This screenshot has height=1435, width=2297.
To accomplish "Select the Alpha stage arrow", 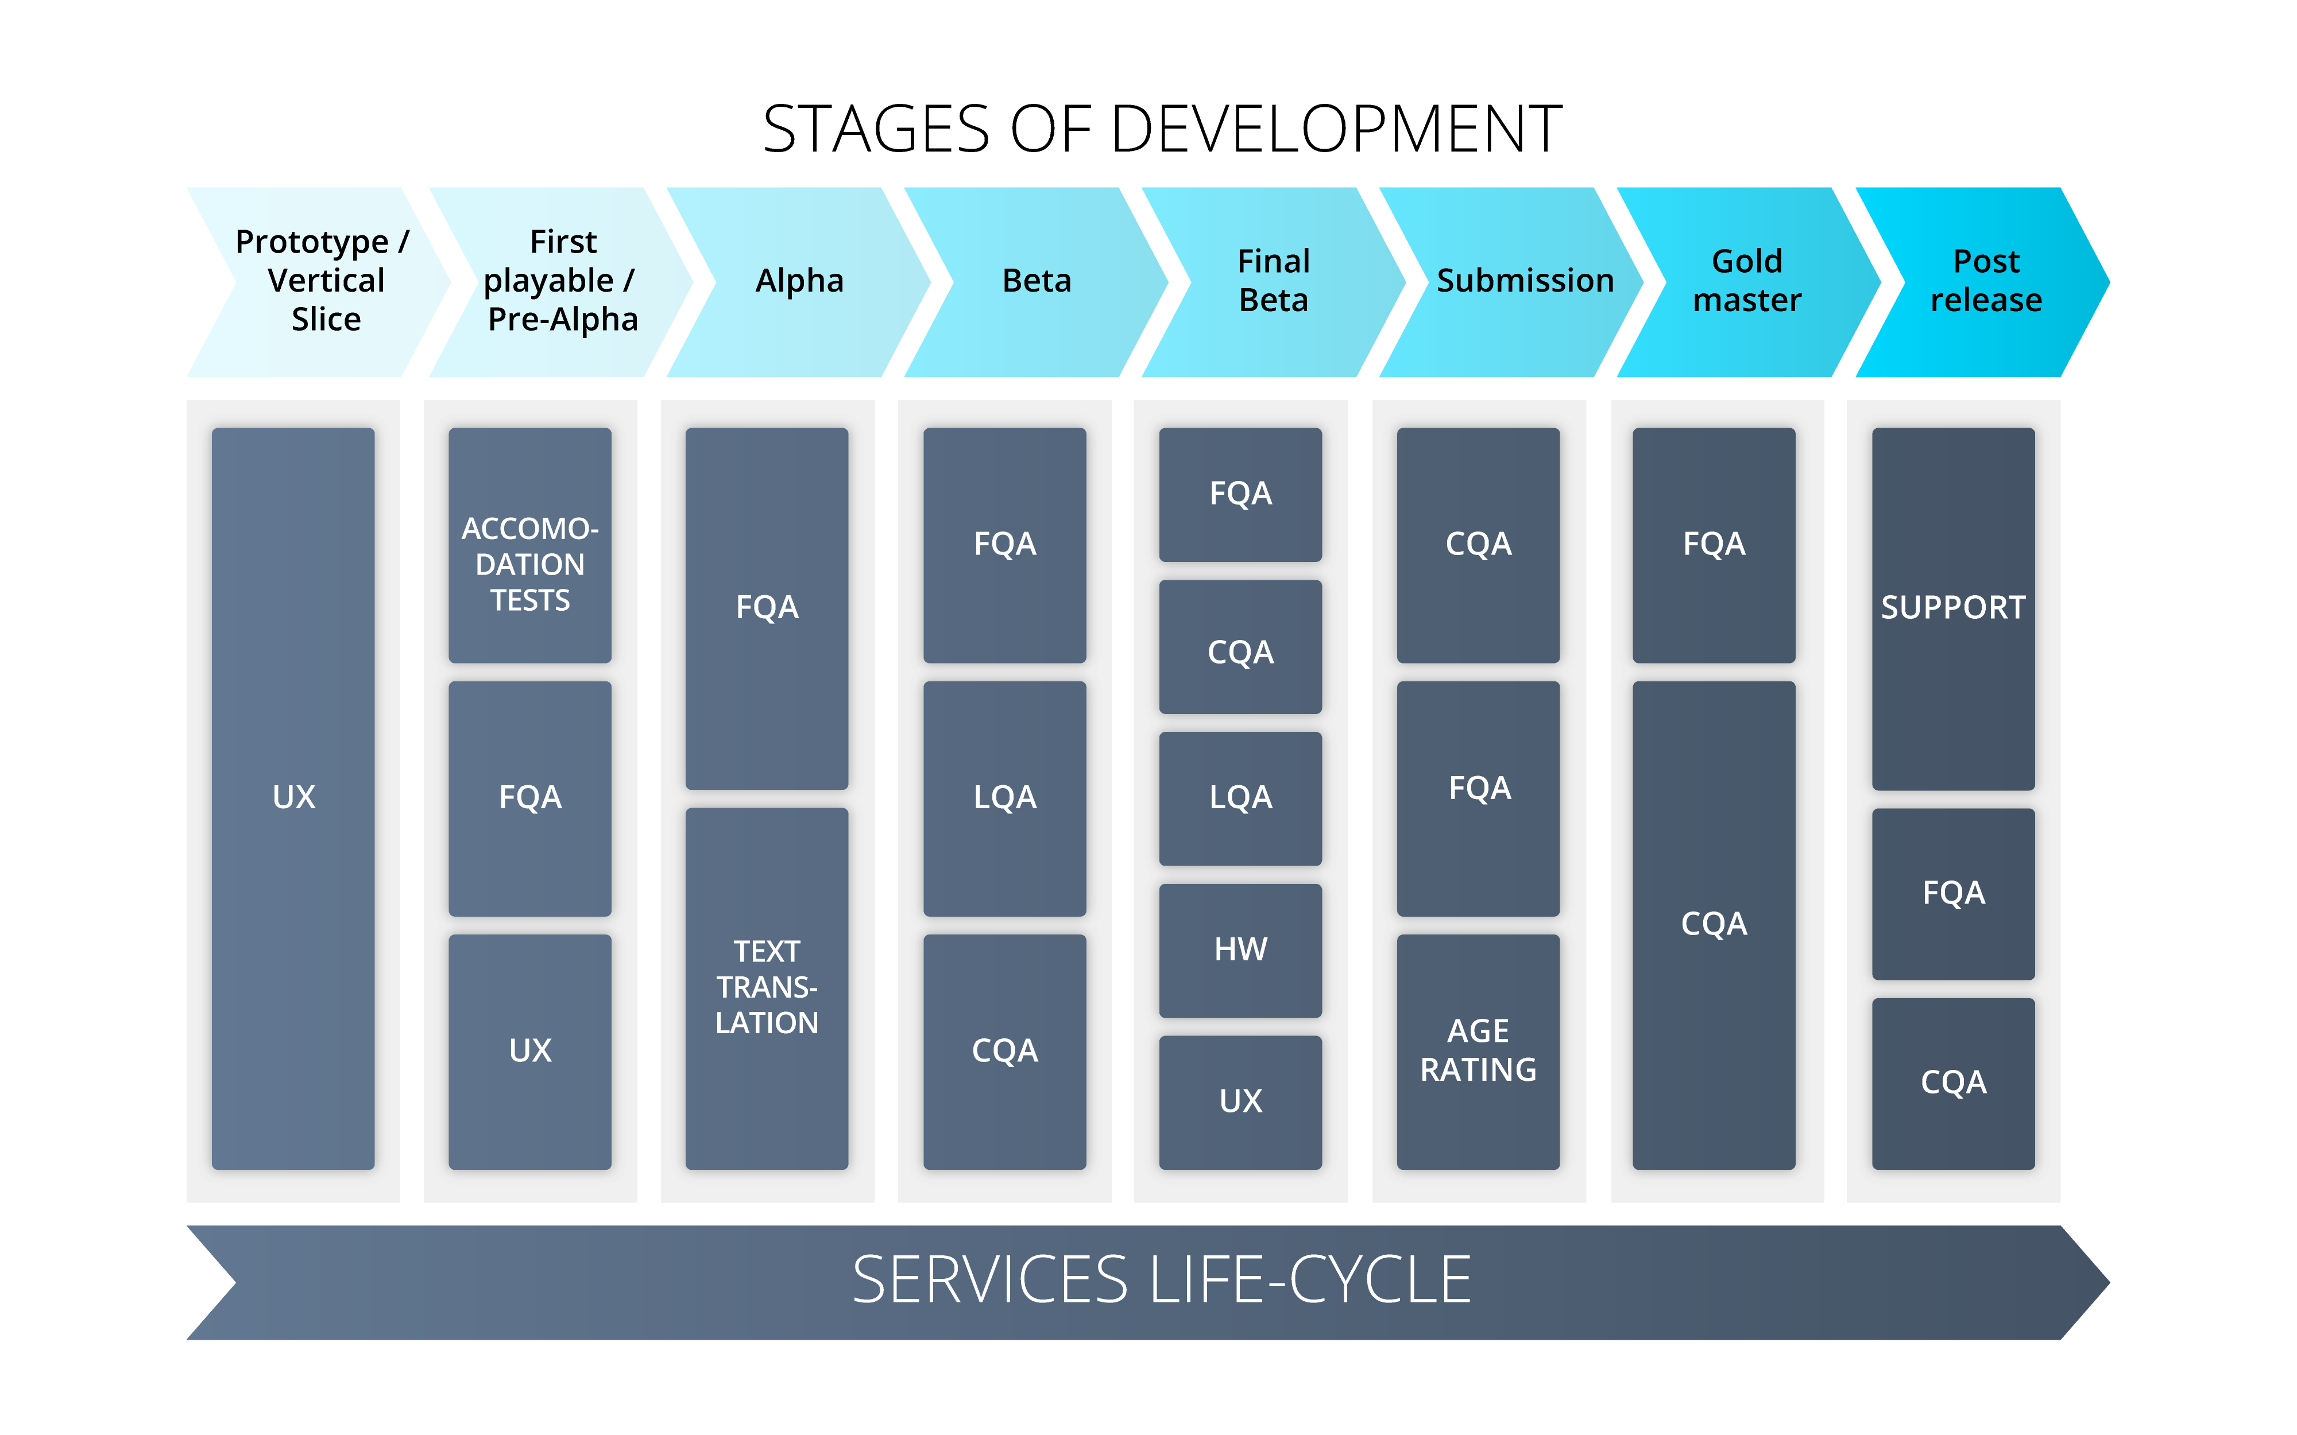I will point(799,281).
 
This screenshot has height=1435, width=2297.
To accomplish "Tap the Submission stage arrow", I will point(1519,281).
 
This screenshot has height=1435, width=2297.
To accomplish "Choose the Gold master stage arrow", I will point(1746,281).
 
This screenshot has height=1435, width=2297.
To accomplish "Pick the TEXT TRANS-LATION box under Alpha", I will point(767,988).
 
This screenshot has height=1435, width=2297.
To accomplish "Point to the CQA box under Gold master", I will point(1713,924).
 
